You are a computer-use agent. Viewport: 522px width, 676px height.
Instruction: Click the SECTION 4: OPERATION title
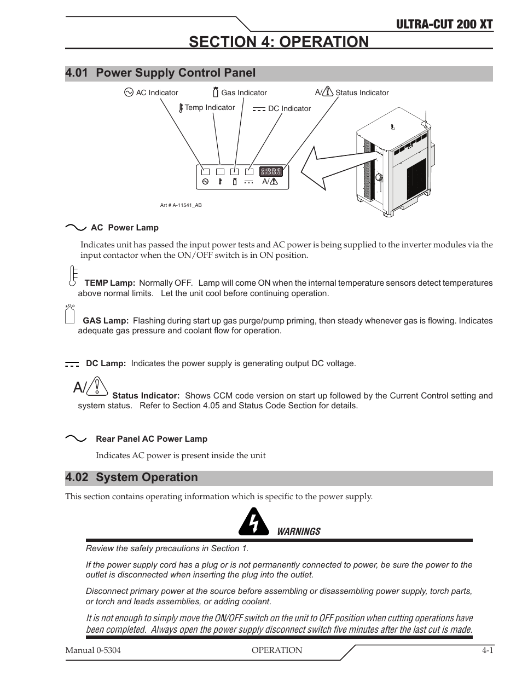279,42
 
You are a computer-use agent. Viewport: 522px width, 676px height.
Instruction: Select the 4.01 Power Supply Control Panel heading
160,73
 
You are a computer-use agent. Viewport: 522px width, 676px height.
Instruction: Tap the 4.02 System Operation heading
131,477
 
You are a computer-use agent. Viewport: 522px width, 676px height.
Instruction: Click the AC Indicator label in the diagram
156,93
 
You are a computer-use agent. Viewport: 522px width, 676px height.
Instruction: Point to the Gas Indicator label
244,93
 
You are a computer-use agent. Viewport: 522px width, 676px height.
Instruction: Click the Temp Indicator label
210,108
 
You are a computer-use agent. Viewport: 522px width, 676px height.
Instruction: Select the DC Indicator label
289,109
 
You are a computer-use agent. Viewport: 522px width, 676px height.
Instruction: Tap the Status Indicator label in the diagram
362,93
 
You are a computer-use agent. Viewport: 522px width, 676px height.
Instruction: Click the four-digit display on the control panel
271,171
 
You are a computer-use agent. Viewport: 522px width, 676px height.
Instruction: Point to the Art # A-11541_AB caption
181,205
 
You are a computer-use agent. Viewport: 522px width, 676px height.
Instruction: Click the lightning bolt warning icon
253,523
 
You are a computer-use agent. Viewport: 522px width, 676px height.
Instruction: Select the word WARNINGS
298,531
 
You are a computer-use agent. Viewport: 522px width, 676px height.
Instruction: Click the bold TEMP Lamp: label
109,283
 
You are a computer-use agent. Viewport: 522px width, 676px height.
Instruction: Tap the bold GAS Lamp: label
106,321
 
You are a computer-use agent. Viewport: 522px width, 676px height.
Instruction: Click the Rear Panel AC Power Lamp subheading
152,439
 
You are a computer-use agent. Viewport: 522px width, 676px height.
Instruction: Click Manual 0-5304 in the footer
93,650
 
